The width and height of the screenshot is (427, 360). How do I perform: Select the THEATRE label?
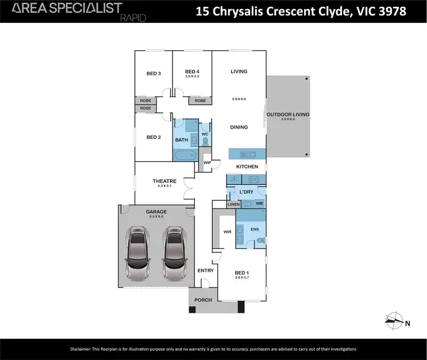click(x=165, y=181)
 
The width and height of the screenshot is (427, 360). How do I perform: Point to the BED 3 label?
click(x=154, y=73)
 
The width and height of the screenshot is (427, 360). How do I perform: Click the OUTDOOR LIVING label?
click(x=288, y=114)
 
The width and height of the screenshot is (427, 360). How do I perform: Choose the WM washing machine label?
click(x=259, y=203)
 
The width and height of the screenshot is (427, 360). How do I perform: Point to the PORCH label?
click(x=203, y=300)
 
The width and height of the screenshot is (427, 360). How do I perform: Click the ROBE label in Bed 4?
click(x=200, y=101)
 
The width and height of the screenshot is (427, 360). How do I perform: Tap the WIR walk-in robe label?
click(x=228, y=232)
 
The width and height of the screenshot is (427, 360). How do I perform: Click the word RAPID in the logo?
click(x=133, y=18)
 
